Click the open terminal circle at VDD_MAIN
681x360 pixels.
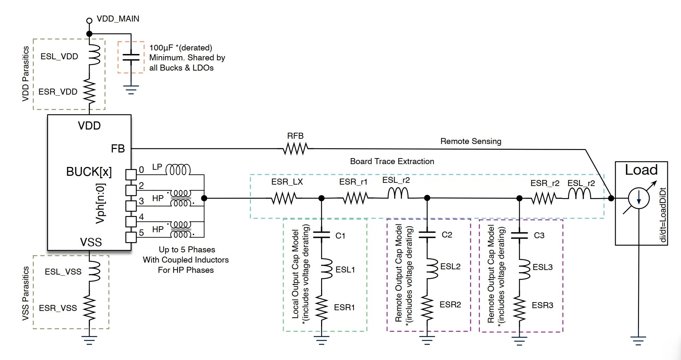(x=89, y=21)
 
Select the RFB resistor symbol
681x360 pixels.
(x=296, y=149)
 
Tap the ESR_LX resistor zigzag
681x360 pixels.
(x=284, y=198)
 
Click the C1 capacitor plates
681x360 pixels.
(x=321, y=235)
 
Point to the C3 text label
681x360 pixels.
(x=539, y=235)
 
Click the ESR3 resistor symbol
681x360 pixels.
(x=519, y=308)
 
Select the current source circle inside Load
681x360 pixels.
(x=639, y=198)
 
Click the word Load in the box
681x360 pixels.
(x=641, y=170)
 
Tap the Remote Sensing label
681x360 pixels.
(x=471, y=141)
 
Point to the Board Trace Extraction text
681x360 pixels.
(x=392, y=161)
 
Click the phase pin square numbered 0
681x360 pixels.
(x=131, y=174)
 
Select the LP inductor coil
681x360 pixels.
(x=178, y=170)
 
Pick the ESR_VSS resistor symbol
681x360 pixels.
(x=89, y=308)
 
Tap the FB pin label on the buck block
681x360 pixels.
(x=118, y=149)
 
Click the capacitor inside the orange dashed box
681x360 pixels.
(x=131, y=57)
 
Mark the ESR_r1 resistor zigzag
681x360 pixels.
(x=356, y=198)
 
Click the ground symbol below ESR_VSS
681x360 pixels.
(x=89, y=340)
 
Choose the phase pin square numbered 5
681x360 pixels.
(x=131, y=237)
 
